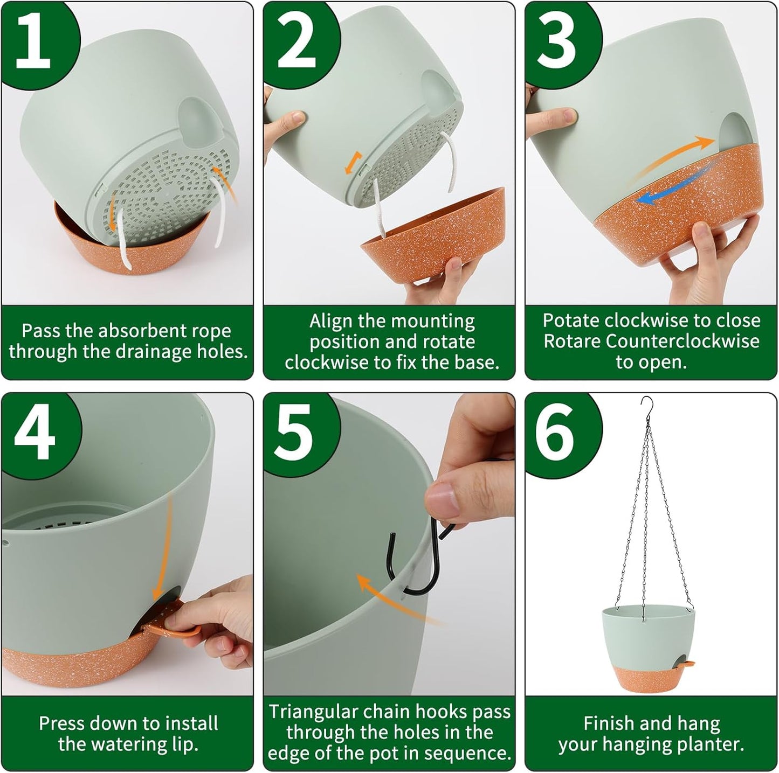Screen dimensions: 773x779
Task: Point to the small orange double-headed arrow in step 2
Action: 351,163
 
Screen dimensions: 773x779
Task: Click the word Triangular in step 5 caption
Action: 313,712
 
